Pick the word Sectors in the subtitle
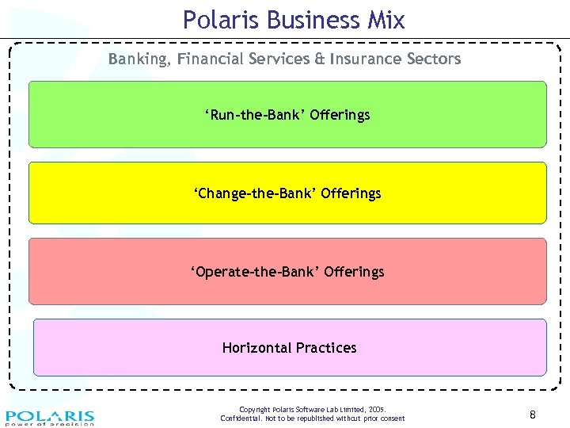pyautogui.click(x=432, y=59)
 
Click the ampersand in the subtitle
pyautogui.click(x=319, y=59)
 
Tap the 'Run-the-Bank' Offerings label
pyautogui.click(x=287, y=115)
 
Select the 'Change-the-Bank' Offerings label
pyautogui.click(x=287, y=193)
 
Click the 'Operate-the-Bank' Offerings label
pyautogui.click(x=287, y=272)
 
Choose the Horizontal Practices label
pyautogui.click(x=289, y=348)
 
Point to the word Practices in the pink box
pyautogui.click(x=326, y=348)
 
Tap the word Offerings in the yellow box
pyautogui.click(x=351, y=193)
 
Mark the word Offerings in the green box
pyautogui.click(x=340, y=115)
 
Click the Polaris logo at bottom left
pyautogui.click(x=50, y=417)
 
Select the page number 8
pyautogui.click(x=533, y=414)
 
